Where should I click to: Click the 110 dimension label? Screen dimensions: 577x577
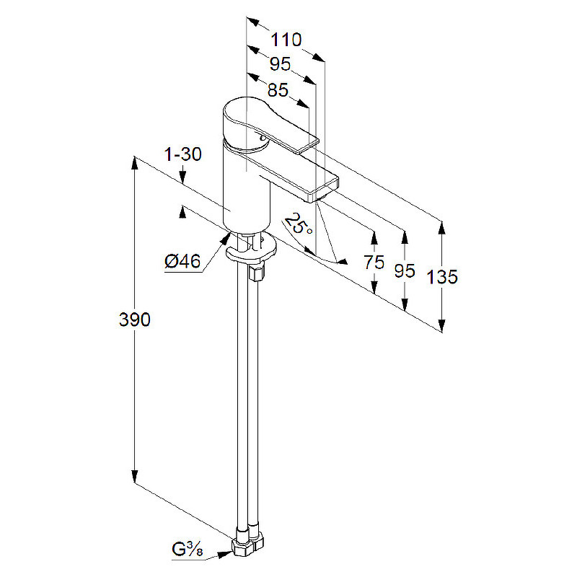(x=286, y=40)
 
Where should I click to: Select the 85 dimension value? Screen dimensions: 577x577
(x=278, y=90)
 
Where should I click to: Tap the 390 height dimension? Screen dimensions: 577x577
(x=135, y=320)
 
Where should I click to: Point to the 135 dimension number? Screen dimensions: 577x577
(x=442, y=277)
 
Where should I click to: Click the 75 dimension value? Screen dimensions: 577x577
(x=374, y=263)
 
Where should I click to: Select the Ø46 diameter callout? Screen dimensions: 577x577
(x=183, y=262)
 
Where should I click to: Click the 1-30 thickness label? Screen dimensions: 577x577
(x=183, y=154)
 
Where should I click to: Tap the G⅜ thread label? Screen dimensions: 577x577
(x=188, y=550)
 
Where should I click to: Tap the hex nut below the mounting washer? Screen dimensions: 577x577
(x=256, y=273)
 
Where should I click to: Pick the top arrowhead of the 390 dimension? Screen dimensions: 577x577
(x=135, y=164)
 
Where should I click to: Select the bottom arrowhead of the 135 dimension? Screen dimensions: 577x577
(x=442, y=324)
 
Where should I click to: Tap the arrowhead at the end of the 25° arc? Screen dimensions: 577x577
(x=342, y=262)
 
